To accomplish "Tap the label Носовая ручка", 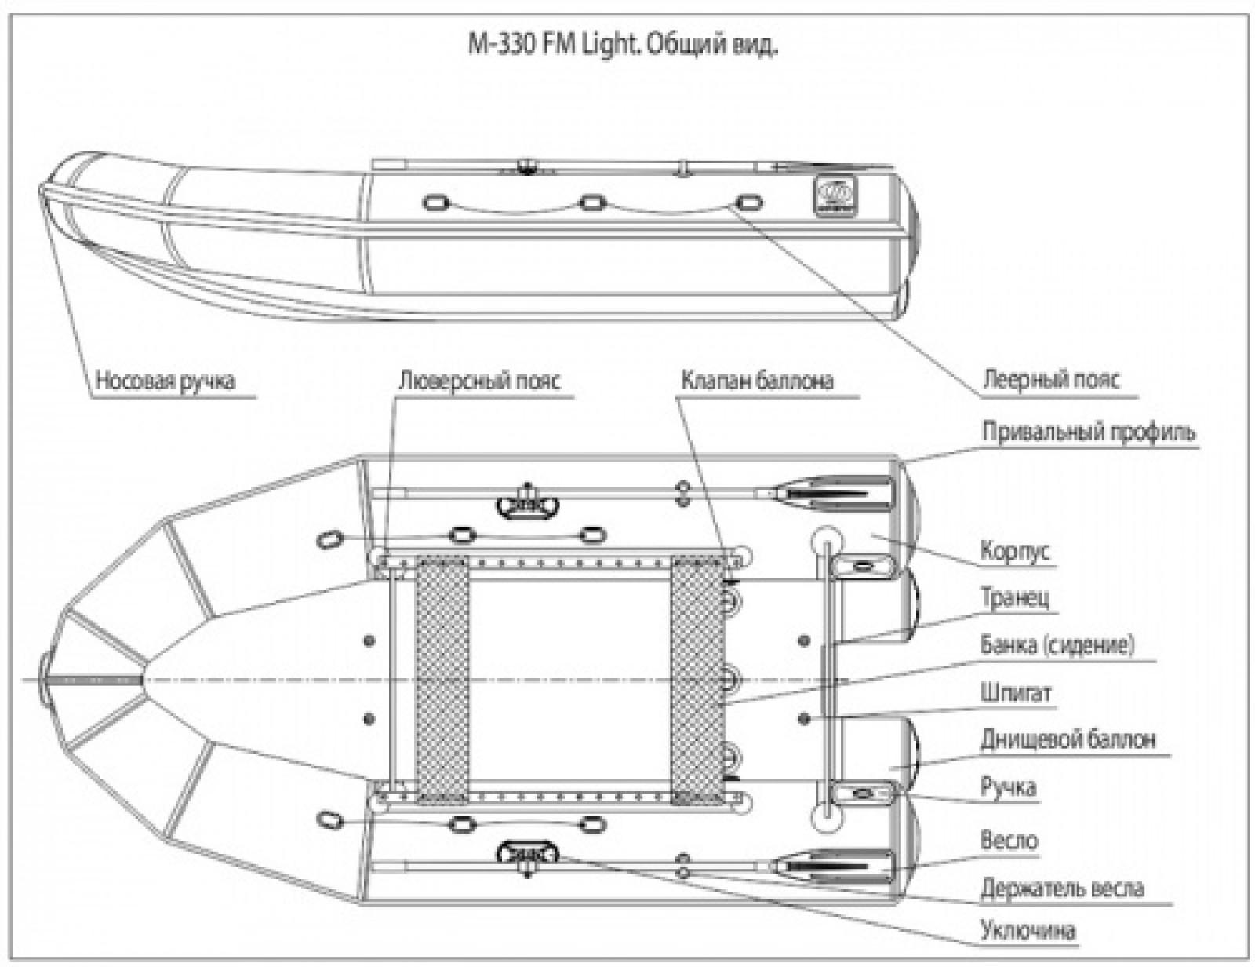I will click(x=165, y=381).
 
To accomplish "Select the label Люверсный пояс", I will click(x=479, y=381).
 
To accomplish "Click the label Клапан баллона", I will click(x=757, y=381).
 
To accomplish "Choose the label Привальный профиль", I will click(x=1089, y=431).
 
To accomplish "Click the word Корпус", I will click(x=1014, y=552).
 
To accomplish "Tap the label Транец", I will click(x=1015, y=598).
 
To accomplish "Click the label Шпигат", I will click(x=1015, y=693).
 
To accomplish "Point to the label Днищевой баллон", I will click(x=1067, y=739).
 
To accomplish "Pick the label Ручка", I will click(x=1008, y=786).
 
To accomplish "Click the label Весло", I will click(x=1009, y=841).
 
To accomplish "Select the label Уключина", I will click(x=1028, y=932).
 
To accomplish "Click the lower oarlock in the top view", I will click(x=526, y=853).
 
